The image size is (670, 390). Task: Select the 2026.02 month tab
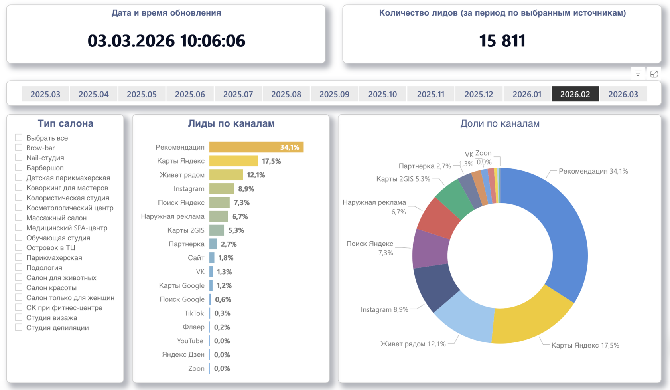[x=575, y=94]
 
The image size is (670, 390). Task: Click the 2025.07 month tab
[x=238, y=94]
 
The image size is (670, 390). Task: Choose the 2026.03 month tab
[x=623, y=94]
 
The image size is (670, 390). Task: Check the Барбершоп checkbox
[x=19, y=168]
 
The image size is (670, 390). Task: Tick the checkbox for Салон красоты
[x=19, y=287]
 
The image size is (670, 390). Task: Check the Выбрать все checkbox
[x=19, y=138]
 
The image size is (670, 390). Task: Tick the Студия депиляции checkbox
[x=19, y=327]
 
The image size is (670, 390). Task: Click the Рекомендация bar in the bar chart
[x=256, y=147]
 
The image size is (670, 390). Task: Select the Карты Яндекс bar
[x=233, y=161]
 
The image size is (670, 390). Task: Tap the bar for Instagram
[x=221, y=188]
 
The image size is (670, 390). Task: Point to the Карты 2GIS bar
[x=217, y=230]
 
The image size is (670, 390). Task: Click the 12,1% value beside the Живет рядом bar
[x=256, y=175]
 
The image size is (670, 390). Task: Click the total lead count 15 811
[x=502, y=41]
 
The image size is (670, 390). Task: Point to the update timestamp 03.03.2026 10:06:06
[x=166, y=41]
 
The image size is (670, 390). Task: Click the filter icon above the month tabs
[x=638, y=73]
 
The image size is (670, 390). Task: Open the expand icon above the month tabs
[x=654, y=73]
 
